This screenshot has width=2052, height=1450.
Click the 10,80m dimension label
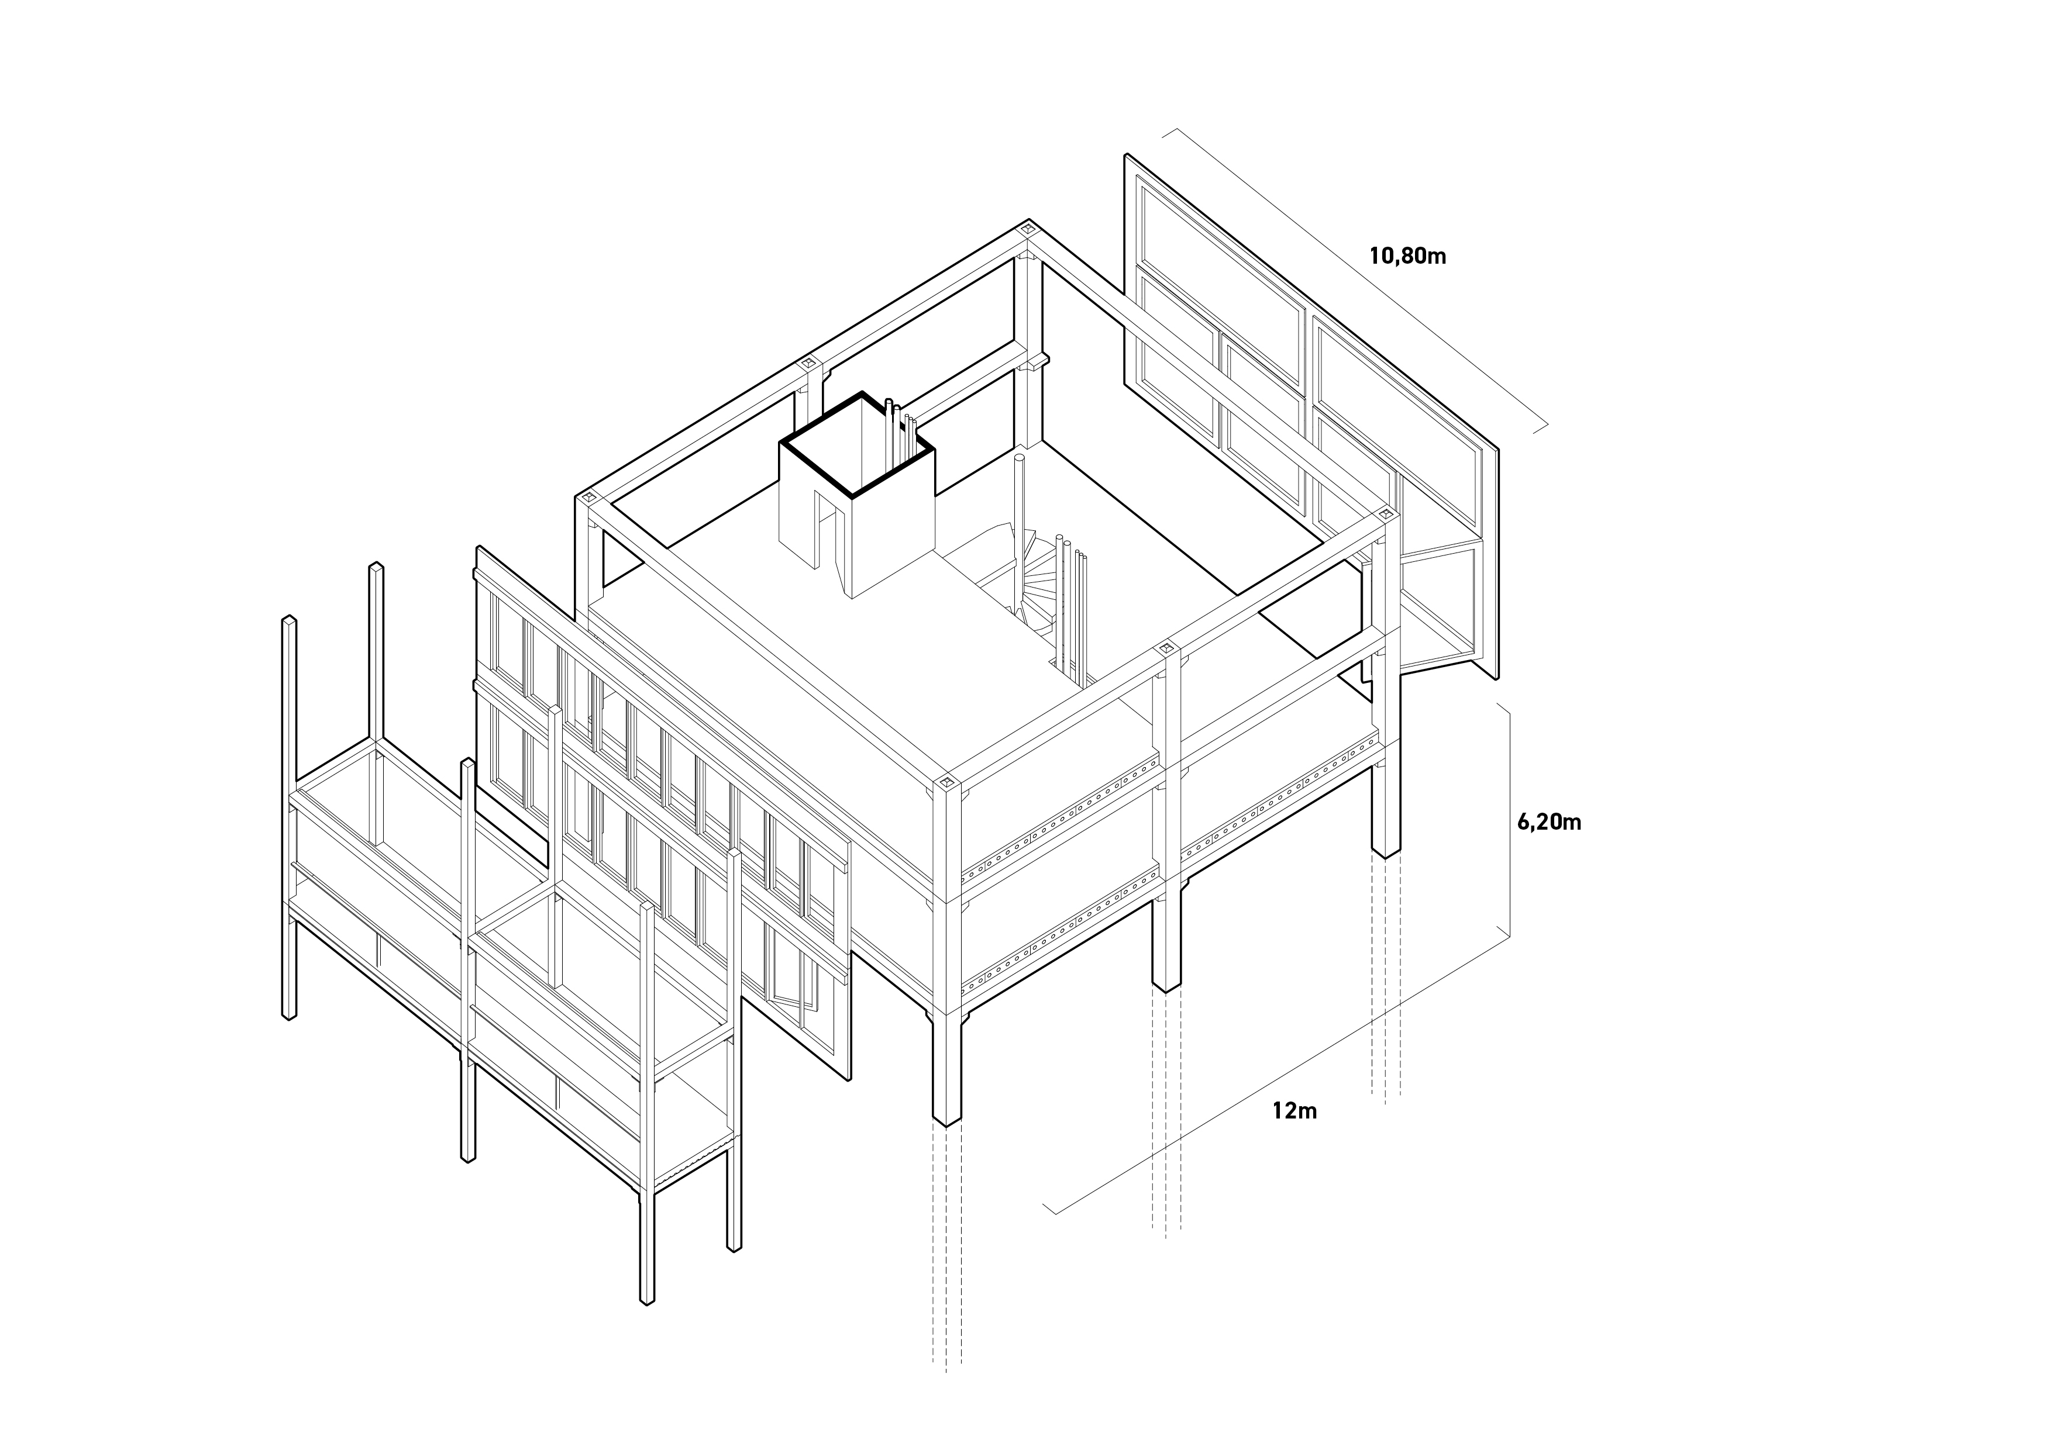click(1407, 257)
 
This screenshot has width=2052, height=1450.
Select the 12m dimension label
click(1295, 1111)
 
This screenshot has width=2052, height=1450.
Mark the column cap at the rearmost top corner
click(1029, 229)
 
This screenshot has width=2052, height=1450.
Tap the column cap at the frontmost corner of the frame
click(948, 783)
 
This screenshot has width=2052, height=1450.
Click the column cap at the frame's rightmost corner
click(1387, 515)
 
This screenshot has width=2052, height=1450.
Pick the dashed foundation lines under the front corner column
click(946, 1251)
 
